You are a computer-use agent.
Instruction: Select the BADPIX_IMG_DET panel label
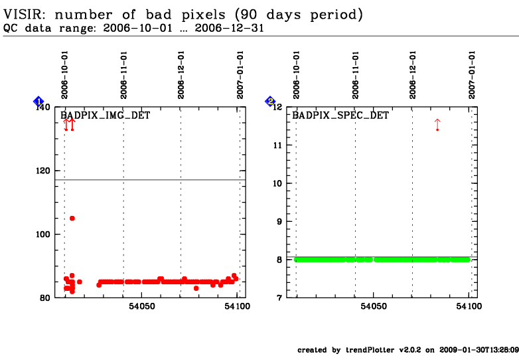click(106, 116)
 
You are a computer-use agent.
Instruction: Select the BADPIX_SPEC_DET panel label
click(340, 116)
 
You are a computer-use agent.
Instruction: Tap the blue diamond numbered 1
click(38, 102)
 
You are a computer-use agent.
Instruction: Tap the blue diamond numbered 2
click(270, 102)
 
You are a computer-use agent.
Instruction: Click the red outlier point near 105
click(72, 219)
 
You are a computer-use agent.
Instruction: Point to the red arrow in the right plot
click(437, 124)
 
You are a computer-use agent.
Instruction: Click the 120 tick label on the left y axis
click(43, 171)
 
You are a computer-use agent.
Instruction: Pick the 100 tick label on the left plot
click(43, 234)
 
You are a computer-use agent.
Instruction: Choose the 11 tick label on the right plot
click(277, 145)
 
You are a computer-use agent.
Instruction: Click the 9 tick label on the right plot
click(279, 222)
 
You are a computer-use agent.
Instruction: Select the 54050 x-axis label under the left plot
click(141, 306)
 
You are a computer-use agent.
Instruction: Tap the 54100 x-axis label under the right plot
click(469, 306)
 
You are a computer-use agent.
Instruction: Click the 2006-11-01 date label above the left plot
click(123, 75)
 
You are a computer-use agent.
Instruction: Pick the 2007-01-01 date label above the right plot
click(472, 75)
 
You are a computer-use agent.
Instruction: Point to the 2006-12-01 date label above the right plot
click(412, 75)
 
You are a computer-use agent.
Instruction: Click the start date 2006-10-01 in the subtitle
click(137, 28)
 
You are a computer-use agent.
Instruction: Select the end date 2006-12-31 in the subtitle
click(230, 28)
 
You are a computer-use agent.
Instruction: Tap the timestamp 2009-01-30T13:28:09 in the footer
click(479, 350)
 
